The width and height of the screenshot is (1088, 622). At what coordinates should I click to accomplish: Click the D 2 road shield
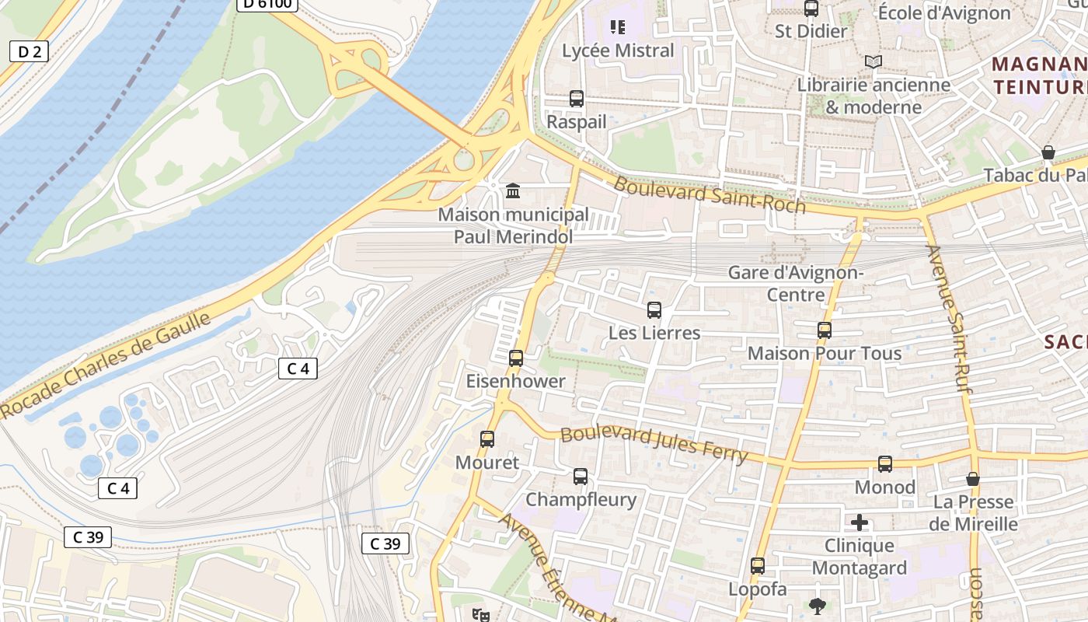tap(29, 52)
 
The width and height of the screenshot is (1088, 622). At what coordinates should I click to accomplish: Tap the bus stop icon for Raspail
tap(576, 99)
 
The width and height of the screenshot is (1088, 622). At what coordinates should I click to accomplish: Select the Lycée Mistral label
tap(618, 51)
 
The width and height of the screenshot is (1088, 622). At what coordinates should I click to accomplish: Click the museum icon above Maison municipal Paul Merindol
tap(513, 190)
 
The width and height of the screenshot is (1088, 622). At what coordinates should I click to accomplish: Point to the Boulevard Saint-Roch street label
tap(709, 194)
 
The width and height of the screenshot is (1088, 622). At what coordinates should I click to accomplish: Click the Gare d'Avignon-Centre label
tap(796, 284)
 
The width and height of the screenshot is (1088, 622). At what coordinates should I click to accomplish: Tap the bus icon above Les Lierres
tap(654, 310)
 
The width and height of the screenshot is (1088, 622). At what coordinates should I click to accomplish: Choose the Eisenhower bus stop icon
tap(516, 358)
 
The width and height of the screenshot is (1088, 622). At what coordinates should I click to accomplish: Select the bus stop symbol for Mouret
tap(487, 439)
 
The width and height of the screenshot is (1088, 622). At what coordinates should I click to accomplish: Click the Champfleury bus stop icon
tap(581, 477)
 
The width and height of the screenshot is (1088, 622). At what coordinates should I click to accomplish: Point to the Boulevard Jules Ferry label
tap(654, 444)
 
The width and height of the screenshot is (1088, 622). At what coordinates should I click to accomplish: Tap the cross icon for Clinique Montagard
tap(860, 522)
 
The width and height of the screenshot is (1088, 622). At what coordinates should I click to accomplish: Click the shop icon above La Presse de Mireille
tap(972, 479)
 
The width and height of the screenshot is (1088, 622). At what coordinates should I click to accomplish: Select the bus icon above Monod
tap(885, 464)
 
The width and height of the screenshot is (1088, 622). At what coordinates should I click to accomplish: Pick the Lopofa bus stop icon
tap(758, 566)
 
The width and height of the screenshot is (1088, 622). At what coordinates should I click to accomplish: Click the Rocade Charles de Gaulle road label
tap(106, 365)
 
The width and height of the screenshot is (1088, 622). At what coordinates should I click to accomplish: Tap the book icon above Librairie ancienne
tap(874, 61)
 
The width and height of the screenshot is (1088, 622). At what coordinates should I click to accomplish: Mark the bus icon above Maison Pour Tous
tap(825, 330)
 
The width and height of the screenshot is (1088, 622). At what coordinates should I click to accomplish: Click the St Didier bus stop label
tap(811, 31)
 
